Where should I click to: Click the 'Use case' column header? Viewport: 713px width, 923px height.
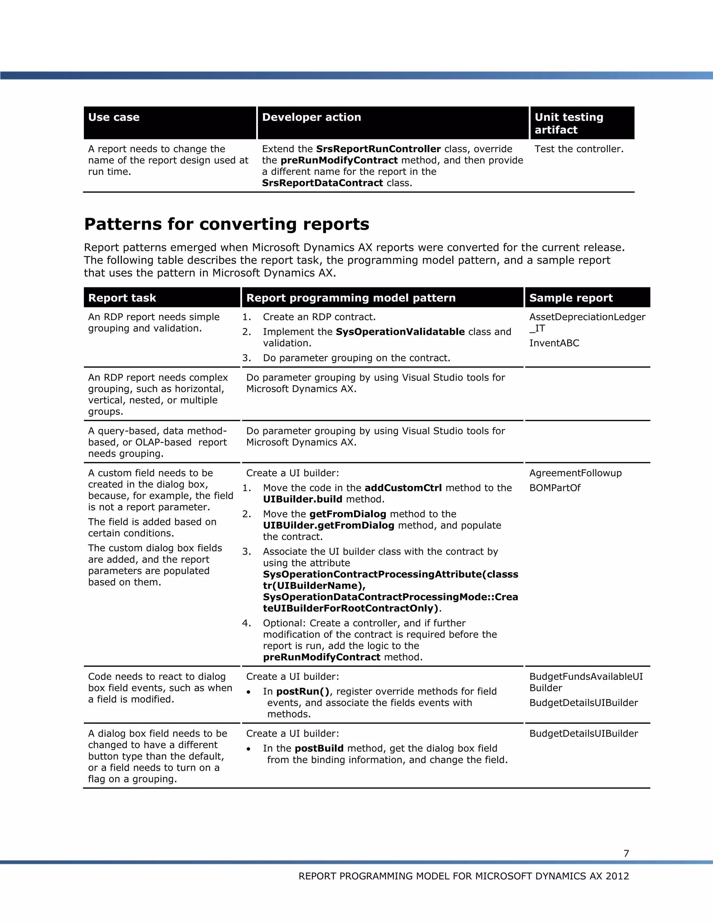coord(113,117)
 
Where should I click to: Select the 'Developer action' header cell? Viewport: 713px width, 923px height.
coord(311,117)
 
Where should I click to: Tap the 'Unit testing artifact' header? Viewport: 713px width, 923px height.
coord(569,123)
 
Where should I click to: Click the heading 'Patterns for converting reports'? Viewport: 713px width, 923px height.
coord(226,224)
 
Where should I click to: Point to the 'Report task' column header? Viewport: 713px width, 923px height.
coord(122,298)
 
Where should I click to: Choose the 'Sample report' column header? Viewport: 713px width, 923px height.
coord(571,298)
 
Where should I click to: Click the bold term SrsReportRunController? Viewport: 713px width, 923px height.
coord(378,149)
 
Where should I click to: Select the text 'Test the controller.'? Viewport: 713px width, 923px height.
coord(579,149)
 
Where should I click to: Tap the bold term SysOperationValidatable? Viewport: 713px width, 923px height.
coord(400,332)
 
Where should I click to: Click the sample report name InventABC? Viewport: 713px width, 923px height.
coord(554,343)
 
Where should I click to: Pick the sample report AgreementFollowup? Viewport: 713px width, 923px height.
coord(575,473)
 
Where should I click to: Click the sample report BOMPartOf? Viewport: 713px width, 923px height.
coord(555,488)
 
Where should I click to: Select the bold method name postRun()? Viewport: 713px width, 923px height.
coord(303,691)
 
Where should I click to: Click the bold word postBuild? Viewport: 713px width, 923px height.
coord(319,749)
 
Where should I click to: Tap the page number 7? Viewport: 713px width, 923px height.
coord(626,853)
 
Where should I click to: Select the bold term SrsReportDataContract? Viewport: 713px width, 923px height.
coord(322,183)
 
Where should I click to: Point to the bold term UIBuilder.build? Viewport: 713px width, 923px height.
coord(303,499)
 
